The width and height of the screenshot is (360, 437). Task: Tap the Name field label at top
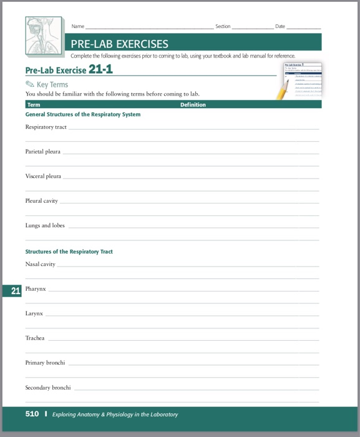point(78,26)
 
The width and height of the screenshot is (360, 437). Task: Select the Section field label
point(223,26)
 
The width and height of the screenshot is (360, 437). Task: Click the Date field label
point(280,26)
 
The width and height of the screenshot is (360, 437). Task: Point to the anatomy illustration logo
point(45,35)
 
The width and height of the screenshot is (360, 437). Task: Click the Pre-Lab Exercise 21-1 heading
point(69,69)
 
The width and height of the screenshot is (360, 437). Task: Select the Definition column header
point(193,105)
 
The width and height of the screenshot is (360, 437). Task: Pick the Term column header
point(34,105)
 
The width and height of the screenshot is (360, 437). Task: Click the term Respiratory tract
point(46,127)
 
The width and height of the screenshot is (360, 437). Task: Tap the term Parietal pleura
point(42,152)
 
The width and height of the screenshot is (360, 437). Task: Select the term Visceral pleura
point(43,176)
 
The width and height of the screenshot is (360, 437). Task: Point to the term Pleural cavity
point(42,201)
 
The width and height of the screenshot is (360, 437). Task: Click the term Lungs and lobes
point(45,225)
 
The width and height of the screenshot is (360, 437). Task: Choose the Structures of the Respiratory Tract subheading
point(69,252)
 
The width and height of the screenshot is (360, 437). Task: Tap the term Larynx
point(34,313)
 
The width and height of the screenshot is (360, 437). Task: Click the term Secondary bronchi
point(48,388)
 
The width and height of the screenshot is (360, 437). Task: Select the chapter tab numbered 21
point(16,290)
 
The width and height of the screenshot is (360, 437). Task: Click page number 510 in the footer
point(32,414)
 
